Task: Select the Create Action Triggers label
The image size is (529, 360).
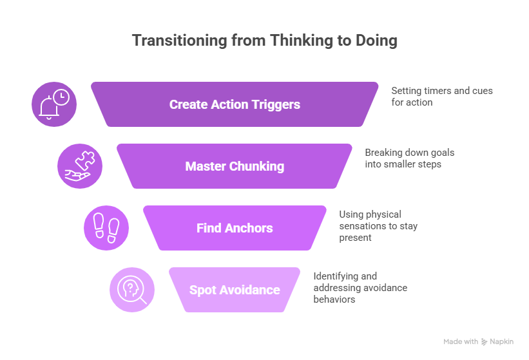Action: coord(235,104)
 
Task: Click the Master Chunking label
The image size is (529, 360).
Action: coord(235,166)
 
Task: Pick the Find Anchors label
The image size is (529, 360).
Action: coord(235,228)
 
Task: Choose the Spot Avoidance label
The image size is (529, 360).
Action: coord(235,290)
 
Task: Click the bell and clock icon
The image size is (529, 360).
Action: coord(54,104)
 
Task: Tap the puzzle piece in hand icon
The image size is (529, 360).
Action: coord(80,166)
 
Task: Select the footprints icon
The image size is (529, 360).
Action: coord(106,228)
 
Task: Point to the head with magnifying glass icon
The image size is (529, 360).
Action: coord(131,290)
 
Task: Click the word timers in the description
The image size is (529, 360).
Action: coord(436,91)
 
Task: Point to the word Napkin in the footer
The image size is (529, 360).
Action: coord(502,341)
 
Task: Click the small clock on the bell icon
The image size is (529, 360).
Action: coord(62,97)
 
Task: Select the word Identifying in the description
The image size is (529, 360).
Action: coord(336,276)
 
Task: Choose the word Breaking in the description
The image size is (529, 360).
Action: coord(385,153)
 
